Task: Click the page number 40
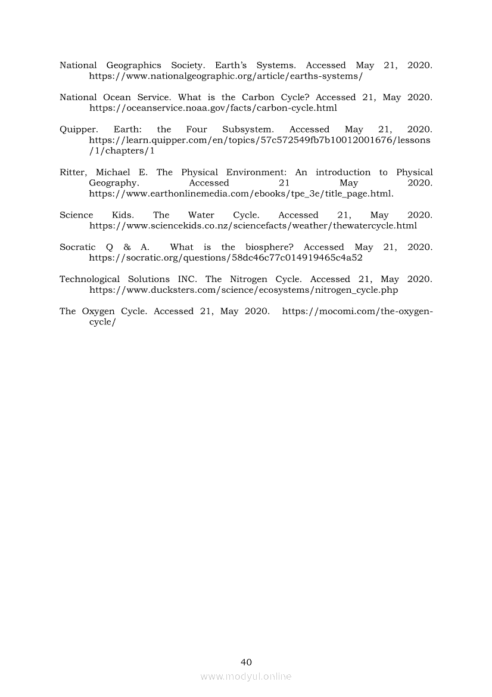tap(246, 662)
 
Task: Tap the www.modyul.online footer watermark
tap(246, 676)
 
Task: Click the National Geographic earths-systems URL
tap(226, 76)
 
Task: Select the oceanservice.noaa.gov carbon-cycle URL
tap(213, 108)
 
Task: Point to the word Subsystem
tap(248, 129)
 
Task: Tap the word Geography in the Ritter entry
tap(113, 183)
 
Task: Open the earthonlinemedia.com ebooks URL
tap(241, 194)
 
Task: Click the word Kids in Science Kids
tap(123, 215)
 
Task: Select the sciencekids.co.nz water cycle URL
tap(253, 226)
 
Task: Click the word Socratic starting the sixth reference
tap(77, 247)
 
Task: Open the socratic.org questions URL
tap(226, 258)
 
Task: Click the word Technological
tap(89, 279)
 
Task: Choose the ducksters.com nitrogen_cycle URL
tap(243, 290)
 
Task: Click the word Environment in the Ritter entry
tap(257, 172)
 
